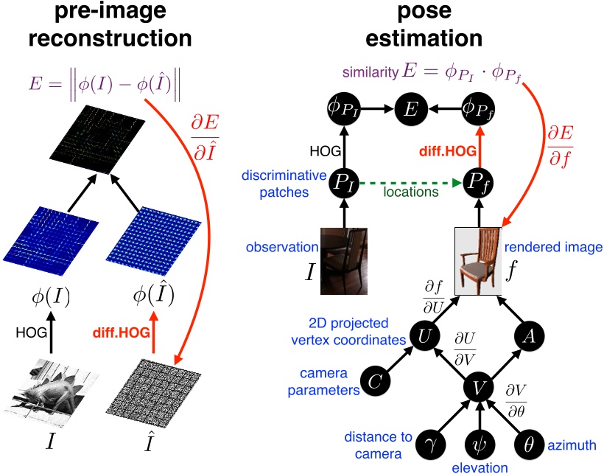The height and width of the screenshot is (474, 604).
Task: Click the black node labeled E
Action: coord(409,109)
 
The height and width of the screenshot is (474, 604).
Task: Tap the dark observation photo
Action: coord(343,261)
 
